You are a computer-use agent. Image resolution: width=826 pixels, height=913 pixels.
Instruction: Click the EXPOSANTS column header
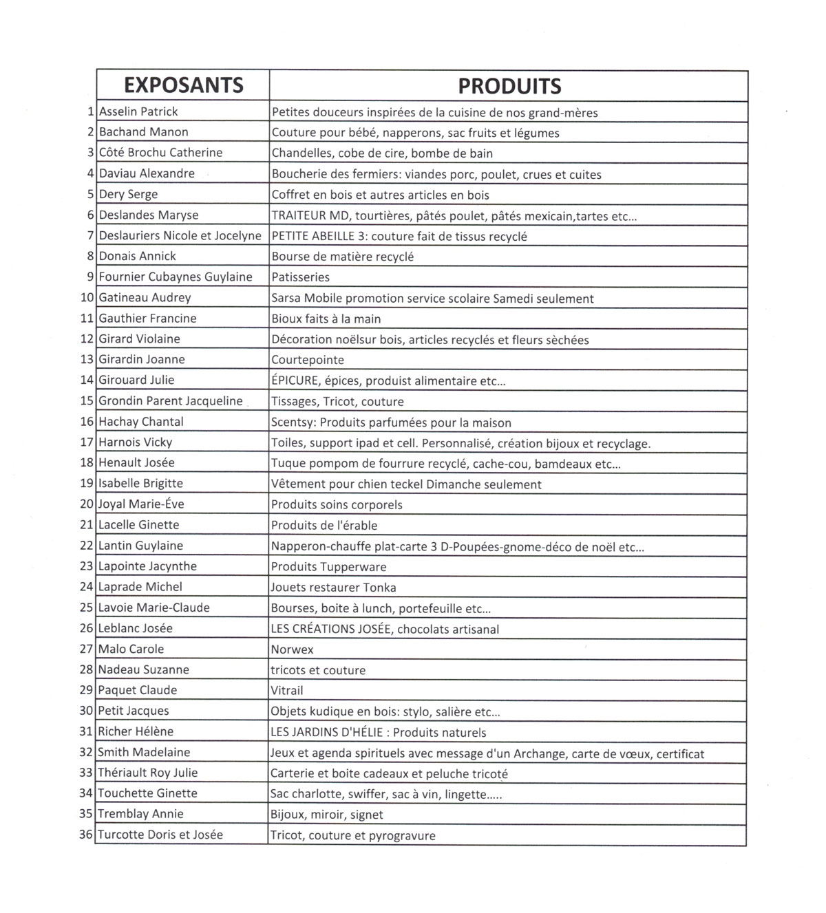tap(183, 85)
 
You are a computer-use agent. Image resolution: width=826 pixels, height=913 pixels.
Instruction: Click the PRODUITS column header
tap(509, 86)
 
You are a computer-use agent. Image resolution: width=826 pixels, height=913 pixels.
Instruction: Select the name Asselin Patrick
tap(138, 111)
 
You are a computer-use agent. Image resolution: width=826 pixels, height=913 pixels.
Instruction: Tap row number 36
tap(86, 835)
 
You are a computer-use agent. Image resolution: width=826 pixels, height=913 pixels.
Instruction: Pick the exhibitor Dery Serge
tap(128, 194)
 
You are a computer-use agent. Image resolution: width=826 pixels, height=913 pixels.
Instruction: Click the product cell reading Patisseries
tap(301, 277)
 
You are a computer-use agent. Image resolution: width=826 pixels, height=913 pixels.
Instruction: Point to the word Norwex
tap(292, 649)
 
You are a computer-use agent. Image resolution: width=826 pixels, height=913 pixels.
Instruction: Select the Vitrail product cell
tap(287, 691)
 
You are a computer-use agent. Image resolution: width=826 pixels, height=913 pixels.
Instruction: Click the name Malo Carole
tap(131, 649)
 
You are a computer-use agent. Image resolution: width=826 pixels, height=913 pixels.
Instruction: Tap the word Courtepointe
tap(308, 360)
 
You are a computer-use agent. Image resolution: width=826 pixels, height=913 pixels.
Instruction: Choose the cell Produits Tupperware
tap(328, 567)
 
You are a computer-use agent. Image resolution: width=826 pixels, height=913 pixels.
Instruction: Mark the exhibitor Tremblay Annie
tap(140, 814)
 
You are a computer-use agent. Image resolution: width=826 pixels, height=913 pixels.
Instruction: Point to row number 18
tap(87, 462)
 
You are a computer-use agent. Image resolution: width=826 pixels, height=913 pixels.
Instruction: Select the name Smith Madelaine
tap(144, 752)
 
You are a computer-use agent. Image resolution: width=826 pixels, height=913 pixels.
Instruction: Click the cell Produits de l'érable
tap(324, 526)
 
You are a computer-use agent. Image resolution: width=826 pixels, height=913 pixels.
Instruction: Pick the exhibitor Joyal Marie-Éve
tap(141, 504)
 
